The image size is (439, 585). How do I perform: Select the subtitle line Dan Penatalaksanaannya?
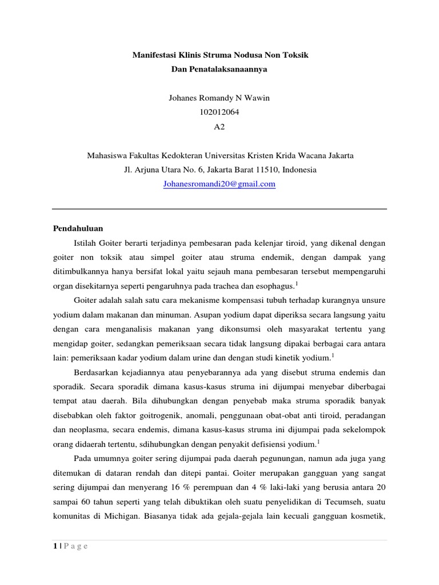219,70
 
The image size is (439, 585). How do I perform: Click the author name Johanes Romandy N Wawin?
219,98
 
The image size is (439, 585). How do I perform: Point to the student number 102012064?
219,113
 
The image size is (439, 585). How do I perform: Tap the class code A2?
219,127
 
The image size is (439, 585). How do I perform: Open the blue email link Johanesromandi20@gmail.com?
219,184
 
